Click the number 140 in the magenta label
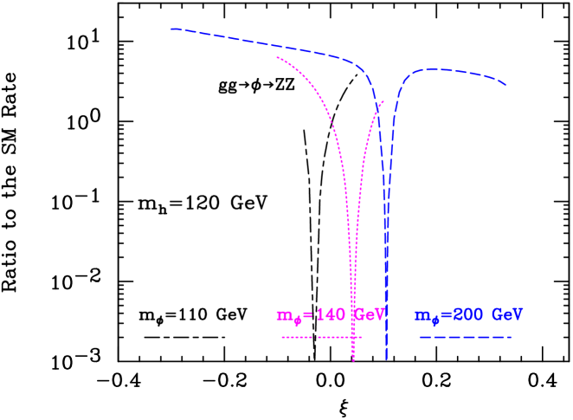[332, 315]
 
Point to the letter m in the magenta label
[282, 316]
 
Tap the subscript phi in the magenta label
[296, 320]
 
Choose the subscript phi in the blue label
[435, 320]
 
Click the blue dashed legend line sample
[465, 337]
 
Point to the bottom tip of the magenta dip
[353, 360]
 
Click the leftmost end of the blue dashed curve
[171, 29]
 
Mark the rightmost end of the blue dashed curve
[505, 85]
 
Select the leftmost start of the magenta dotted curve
[277, 57]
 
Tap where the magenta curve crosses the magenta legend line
[352, 337]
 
